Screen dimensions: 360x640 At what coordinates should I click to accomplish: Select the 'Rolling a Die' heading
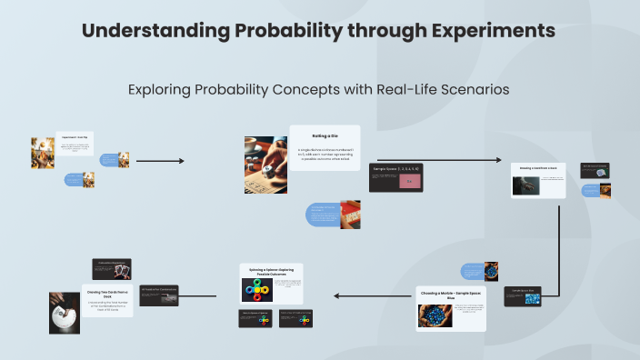[x=325, y=135]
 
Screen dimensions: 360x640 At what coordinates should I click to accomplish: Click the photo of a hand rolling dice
[x=265, y=165]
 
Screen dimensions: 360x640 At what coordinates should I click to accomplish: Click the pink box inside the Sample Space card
[x=410, y=181]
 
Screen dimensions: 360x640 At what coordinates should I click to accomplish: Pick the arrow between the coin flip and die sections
[x=159, y=161]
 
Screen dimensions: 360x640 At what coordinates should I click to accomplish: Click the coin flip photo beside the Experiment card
[x=42, y=153]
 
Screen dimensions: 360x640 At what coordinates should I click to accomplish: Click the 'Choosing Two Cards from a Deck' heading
[x=110, y=293]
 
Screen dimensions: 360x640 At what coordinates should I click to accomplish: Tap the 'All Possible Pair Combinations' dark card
[x=158, y=293]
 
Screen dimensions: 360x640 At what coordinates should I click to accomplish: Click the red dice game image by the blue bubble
[x=351, y=216]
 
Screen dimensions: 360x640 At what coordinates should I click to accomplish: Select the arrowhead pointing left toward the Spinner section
[x=336, y=295]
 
